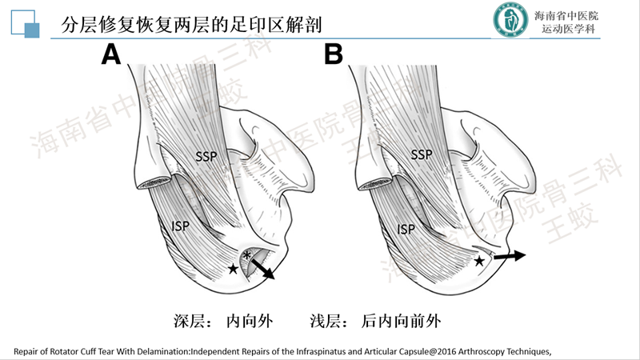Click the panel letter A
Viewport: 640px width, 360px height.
click(110, 54)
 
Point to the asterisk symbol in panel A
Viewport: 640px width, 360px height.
click(247, 255)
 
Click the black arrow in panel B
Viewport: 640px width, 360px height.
click(510, 256)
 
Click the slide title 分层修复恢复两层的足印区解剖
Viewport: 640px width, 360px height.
click(191, 24)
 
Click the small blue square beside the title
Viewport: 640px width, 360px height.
click(33, 30)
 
